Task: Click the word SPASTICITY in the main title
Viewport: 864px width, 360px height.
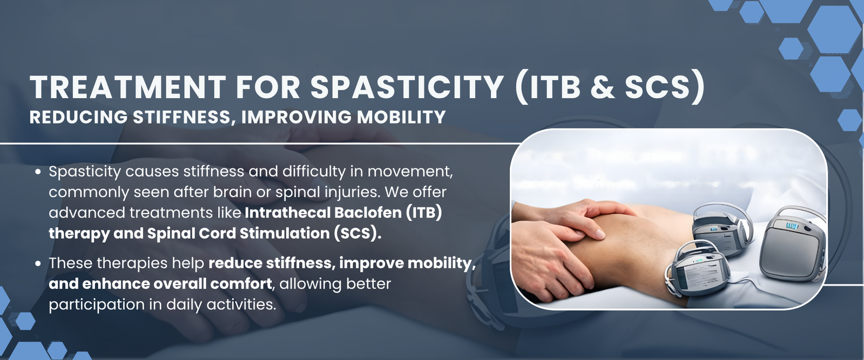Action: pyautogui.click(x=407, y=87)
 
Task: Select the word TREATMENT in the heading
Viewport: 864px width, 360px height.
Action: pyautogui.click(x=127, y=87)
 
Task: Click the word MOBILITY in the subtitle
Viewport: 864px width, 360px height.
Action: pyautogui.click(x=401, y=117)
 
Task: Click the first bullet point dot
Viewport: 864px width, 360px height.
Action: pyautogui.click(x=38, y=172)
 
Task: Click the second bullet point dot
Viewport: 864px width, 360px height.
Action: pyautogui.click(x=38, y=263)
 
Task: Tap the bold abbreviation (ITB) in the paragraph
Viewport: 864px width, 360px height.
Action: pyautogui.click(x=423, y=213)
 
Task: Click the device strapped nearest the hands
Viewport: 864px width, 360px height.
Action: pyautogui.click(x=696, y=268)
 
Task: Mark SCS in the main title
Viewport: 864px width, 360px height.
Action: pyautogui.click(x=657, y=87)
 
